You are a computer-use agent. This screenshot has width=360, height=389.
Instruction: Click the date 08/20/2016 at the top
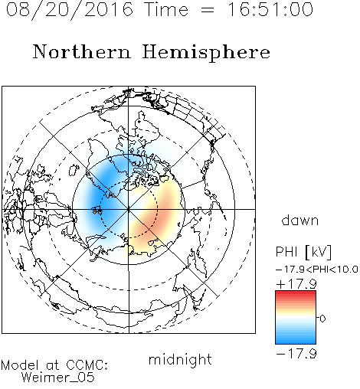[70, 10]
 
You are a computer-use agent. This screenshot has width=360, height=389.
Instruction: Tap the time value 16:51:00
[270, 9]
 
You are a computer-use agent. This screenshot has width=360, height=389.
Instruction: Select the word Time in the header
[166, 9]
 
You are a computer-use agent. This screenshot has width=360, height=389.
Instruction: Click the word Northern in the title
[82, 51]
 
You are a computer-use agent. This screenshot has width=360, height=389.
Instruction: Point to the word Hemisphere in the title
[206, 52]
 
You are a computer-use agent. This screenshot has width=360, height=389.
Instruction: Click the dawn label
[300, 220]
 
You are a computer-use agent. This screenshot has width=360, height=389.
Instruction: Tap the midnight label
[180, 359]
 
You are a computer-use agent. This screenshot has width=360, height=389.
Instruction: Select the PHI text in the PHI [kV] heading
[286, 252]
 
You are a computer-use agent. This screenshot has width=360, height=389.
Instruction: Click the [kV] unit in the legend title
[319, 252]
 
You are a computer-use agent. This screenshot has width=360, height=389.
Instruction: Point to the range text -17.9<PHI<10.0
[317, 270]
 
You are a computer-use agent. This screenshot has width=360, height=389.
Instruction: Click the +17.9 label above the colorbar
[296, 284]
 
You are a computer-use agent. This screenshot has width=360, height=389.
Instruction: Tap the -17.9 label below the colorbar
[296, 354]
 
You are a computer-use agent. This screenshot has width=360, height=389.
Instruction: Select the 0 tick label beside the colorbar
[322, 319]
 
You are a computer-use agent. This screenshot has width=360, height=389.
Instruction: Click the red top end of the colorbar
[296, 293]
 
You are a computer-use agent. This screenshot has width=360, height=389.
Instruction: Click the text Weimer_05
[58, 378]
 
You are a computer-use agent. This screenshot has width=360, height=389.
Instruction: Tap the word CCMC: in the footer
[87, 365]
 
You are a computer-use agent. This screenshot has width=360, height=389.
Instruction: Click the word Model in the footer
[20, 365]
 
